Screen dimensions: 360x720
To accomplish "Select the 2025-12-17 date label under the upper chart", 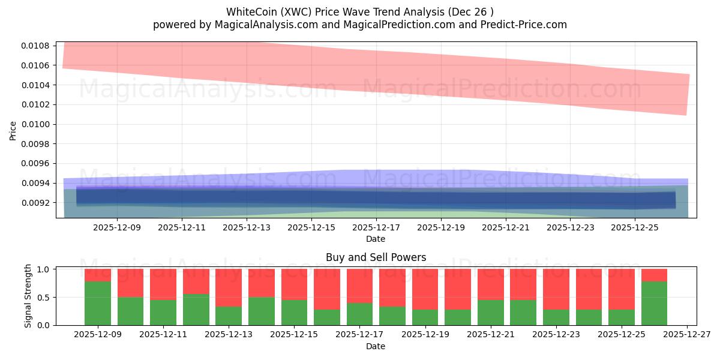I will tap(376, 228).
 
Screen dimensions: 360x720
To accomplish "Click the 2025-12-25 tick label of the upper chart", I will tap(635, 228).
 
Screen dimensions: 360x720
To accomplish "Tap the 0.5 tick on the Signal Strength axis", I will tap(45, 298).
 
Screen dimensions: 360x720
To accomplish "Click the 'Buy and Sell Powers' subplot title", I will tap(376, 257).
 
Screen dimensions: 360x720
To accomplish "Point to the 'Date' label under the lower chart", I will tap(376, 346).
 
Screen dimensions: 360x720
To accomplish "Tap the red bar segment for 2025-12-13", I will tap(229, 287).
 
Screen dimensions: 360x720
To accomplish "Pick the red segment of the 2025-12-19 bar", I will tap(425, 289).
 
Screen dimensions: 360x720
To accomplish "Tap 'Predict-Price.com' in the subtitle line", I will tap(526, 25).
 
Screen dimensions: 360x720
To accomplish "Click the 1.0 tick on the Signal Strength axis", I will tap(45, 269).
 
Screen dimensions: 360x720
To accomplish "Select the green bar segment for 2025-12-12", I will tap(196, 310).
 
